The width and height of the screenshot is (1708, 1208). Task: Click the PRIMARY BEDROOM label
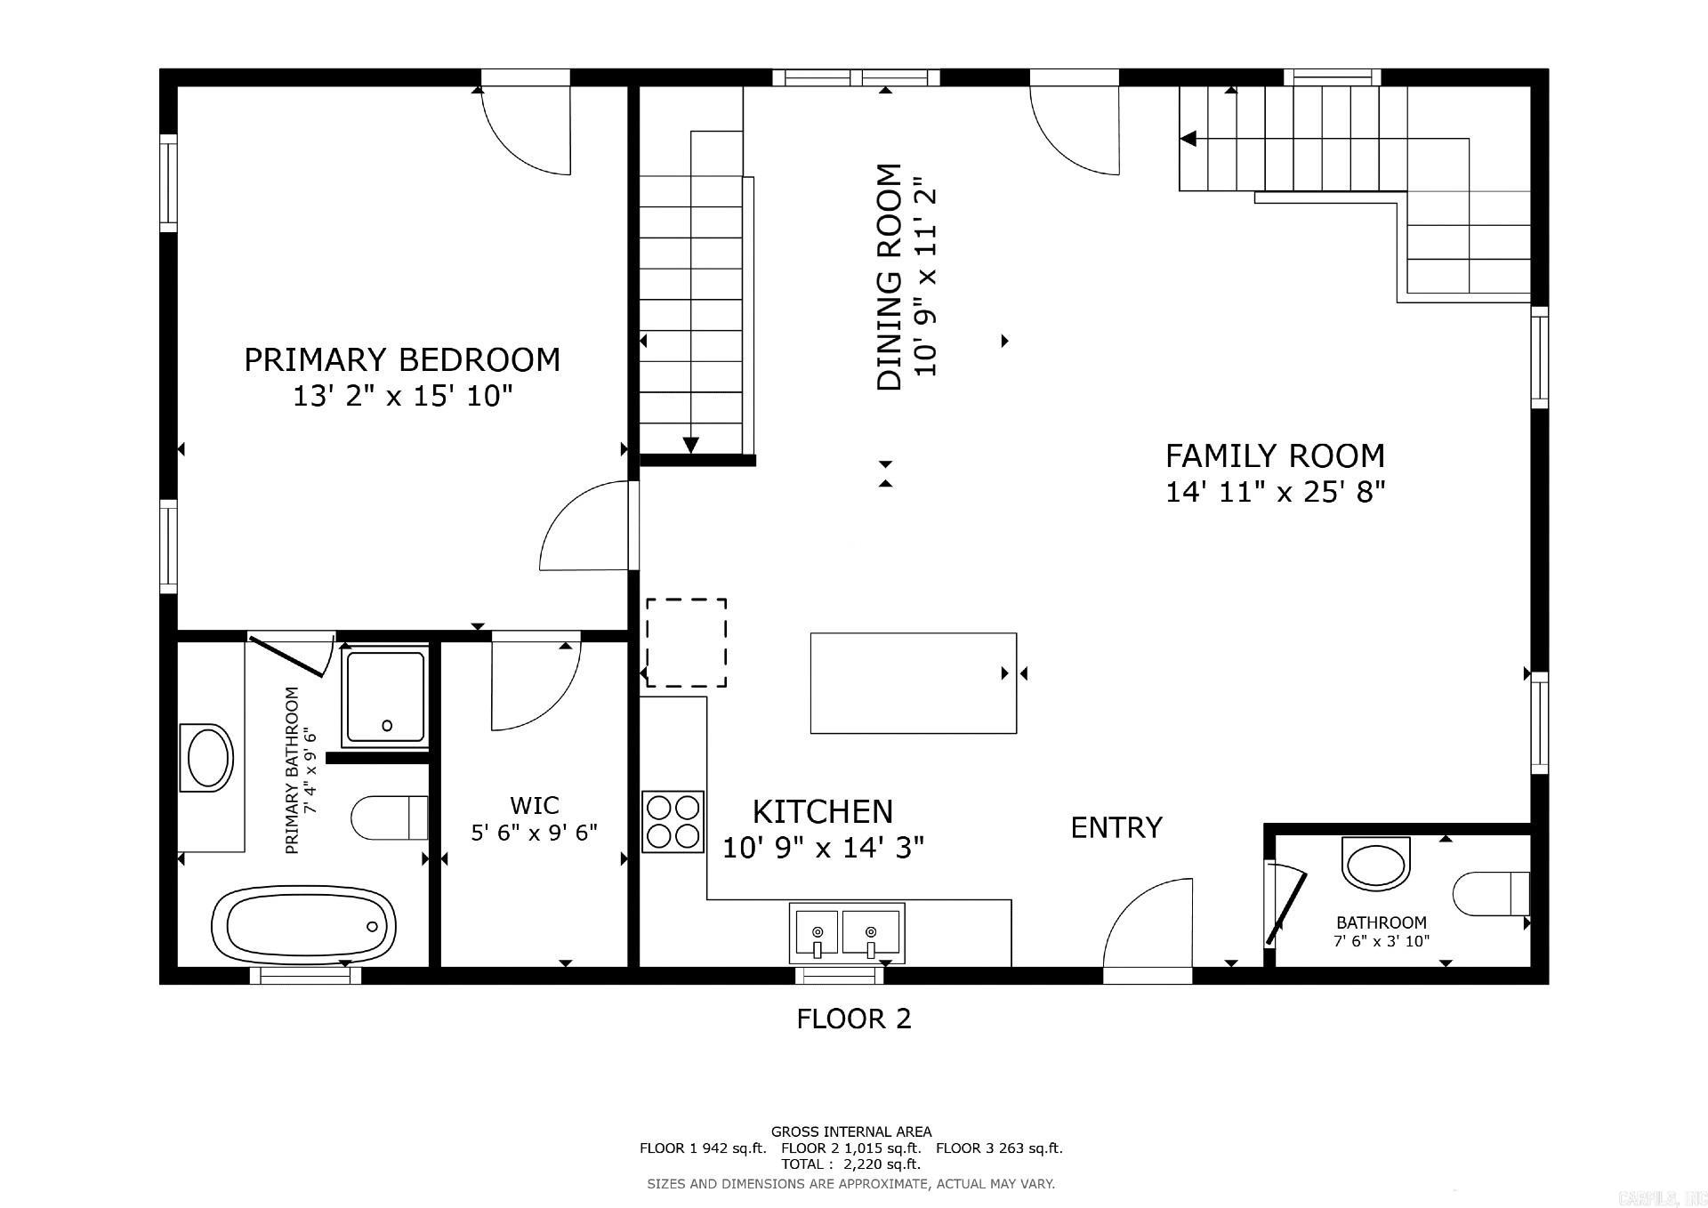click(402, 360)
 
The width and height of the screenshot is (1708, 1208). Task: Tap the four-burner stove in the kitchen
click(673, 822)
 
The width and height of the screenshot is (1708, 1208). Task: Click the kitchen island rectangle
click(914, 683)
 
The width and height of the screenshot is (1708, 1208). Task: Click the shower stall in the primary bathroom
click(386, 697)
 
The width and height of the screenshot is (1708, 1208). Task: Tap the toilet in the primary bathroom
click(390, 817)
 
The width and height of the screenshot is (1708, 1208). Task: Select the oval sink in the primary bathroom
click(207, 757)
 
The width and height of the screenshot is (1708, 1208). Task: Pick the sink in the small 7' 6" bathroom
click(1375, 863)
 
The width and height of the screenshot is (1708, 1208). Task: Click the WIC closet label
click(534, 806)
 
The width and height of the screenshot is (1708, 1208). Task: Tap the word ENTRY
click(1116, 828)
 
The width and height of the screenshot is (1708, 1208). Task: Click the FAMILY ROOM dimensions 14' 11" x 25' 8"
click(1276, 492)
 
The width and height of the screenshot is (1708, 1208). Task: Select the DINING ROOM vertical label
click(890, 277)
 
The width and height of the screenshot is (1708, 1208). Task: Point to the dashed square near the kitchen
click(686, 642)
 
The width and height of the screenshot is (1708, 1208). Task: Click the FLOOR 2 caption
click(854, 1019)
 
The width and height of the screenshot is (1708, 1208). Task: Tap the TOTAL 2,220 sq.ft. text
click(850, 1164)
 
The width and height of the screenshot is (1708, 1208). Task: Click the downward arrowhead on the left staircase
click(690, 445)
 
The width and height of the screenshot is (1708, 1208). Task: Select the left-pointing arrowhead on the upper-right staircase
click(1188, 139)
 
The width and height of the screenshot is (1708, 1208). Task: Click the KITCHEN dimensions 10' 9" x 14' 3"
click(823, 848)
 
